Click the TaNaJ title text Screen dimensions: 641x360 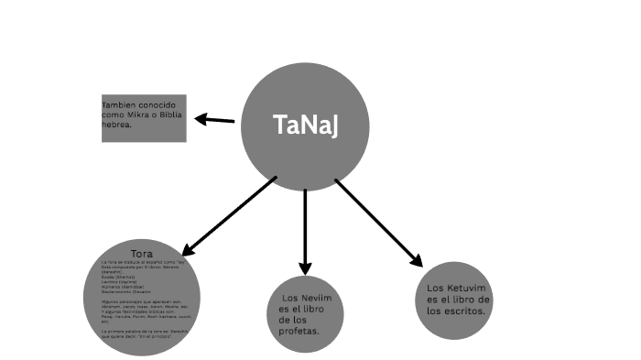[306, 126]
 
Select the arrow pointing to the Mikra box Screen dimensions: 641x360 [214, 119]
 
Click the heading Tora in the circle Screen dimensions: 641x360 [142, 253]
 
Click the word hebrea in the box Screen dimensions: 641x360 [117, 125]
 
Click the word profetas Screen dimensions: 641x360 [299, 331]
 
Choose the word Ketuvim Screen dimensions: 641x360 [468, 288]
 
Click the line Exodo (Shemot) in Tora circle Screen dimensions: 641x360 [120, 276]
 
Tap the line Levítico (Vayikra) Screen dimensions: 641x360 [120, 280]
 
